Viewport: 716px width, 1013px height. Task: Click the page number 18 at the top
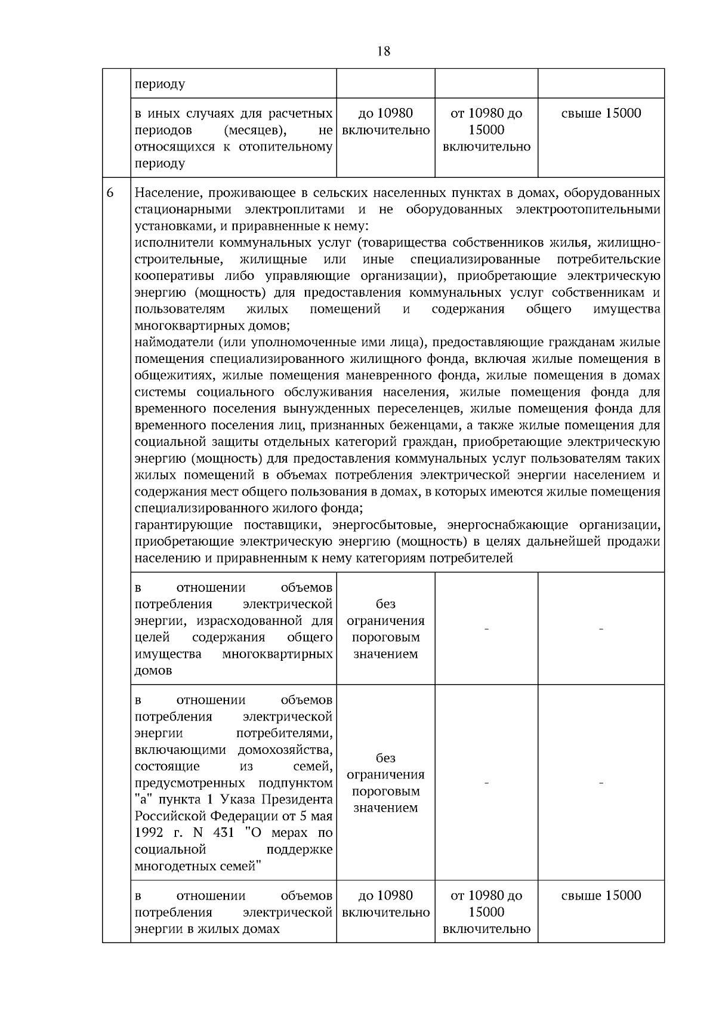point(384,51)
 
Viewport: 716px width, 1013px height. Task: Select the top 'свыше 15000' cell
point(601,113)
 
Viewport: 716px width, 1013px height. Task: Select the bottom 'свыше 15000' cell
point(601,895)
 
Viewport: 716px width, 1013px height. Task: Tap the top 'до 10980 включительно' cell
point(385,122)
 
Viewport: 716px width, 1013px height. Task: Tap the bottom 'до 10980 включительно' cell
point(385,904)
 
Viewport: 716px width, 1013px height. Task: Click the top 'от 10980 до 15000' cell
point(486,130)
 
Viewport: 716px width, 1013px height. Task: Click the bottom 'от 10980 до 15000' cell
point(486,912)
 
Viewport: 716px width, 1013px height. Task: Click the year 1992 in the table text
point(149,833)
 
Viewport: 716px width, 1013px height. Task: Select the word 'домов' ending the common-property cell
point(153,670)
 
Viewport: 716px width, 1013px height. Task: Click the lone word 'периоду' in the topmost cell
point(160,84)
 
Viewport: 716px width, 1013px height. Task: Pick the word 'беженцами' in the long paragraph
point(412,426)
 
